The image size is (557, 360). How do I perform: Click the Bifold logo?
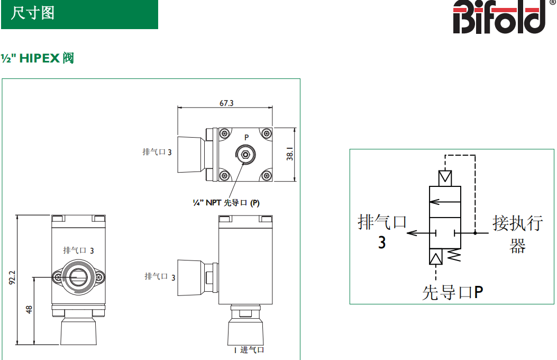[x=499, y=17]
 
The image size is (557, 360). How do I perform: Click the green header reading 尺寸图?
[x=79, y=14]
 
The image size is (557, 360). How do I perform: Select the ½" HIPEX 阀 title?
[x=37, y=58]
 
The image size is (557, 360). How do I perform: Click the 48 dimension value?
[x=29, y=309]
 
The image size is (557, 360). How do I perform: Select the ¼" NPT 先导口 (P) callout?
[x=226, y=203]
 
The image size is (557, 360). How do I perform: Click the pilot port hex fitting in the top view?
[x=245, y=155]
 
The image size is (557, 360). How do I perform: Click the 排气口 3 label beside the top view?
[x=157, y=152]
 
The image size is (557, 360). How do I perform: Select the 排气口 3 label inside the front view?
[x=78, y=250]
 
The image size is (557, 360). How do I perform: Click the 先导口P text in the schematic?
[x=452, y=292]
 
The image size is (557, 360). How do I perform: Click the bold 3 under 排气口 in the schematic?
[x=382, y=242]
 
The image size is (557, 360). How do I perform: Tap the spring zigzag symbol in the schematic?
[x=453, y=256]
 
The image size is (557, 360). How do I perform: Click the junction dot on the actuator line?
[x=475, y=233]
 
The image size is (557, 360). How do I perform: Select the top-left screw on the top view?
[x=224, y=133]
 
